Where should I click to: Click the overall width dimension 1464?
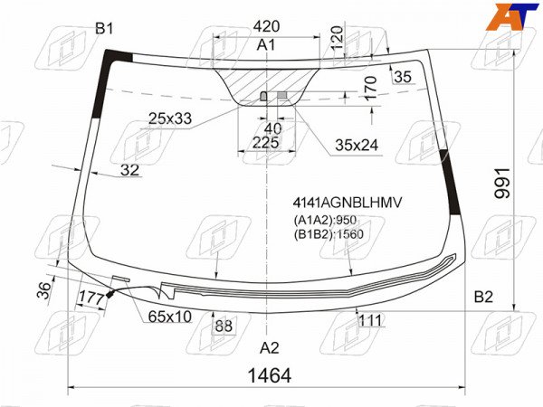pyautogui.click(x=270, y=375)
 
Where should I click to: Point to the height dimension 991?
pyautogui.click(x=502, y=184)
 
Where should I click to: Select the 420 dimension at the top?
pyautogui.click(x=266, y=26)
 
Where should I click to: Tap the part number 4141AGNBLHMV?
pyautogui.click(x=348, y=203)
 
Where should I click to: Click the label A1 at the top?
pyautogui.click(x=266, y=45)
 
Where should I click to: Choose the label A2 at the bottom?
pyautogui.click(x=270, y=348)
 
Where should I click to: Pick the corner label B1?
pyautogui.click(x=104, y=29)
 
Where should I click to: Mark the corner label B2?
pyautogui.click(x=483, y=297)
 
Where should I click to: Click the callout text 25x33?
pyautogui.click(x=170, y=118)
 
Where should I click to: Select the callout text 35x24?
pyautogui.click(x=357, y=146)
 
